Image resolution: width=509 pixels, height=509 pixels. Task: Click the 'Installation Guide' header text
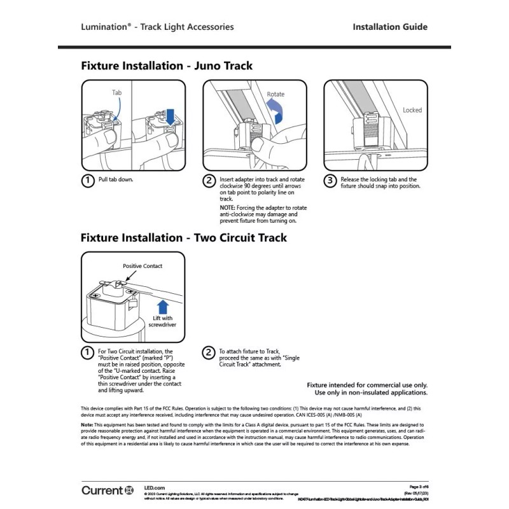click(389, 27)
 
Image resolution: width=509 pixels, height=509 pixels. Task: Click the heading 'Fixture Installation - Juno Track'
click(167, 66)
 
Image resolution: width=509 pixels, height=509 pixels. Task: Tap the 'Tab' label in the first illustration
click(116, 93)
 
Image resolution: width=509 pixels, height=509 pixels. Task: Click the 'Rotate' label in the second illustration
click(275, 94)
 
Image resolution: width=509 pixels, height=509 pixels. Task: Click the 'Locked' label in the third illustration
click(412, 110)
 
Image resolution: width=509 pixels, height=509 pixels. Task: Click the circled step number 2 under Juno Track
click(209, 181)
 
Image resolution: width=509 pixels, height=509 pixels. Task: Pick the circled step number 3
click(330, 181)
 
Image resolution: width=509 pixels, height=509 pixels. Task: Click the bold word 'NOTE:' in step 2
click(228, 208)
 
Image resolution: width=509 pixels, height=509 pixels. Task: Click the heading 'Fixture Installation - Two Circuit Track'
click(184, 238)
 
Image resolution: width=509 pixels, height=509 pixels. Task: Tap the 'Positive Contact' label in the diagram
click(143, 266)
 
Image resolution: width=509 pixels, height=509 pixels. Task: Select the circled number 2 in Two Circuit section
click(209, 352)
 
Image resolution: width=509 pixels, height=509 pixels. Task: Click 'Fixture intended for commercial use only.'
click(367, 385)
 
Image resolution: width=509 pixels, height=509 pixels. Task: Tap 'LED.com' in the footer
click(155, 486)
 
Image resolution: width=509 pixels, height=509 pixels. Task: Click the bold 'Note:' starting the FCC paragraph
click(87, 424)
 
